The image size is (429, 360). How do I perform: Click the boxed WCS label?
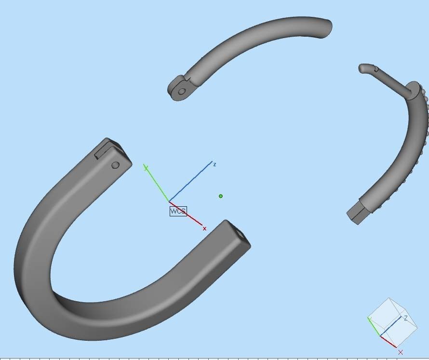tap(178, 211)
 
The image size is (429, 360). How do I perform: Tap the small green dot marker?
tap(221, 196)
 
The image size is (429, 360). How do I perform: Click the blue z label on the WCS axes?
tap(214, 164)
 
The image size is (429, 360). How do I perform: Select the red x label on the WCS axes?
tap(204, 228)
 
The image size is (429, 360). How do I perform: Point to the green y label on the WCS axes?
tap(146, 167)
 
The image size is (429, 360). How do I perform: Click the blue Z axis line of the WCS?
tap(190, 181)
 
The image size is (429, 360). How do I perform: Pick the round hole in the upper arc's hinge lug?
tap(182, 91)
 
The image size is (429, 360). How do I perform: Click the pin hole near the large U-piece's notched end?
tap(115, 165)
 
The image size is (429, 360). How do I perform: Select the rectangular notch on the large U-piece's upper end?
tap(104, 149)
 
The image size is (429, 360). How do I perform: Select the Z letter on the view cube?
tap(406, 318)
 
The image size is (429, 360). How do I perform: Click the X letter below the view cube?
tap(401, 352)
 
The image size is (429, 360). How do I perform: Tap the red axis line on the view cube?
tap(389, 341)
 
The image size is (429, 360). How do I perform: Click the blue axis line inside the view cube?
tap(391, 327)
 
